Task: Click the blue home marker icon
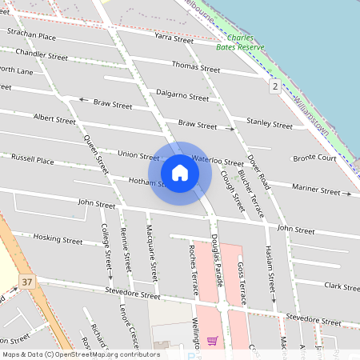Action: tap(180, 173)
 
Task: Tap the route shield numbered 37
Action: tap(28, 282)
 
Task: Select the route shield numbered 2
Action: tap(274, 86)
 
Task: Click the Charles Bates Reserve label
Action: tap(241, 42)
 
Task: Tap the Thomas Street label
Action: tap(195, 67)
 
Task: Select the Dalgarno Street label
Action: tap(182, 94)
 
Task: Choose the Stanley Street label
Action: tap(270, 123)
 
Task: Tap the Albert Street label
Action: tap(54, 119)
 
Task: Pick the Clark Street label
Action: tap(342, 286)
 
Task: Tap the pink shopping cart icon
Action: tap(212, 341)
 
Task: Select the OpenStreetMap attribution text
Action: tap(80, 354)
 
